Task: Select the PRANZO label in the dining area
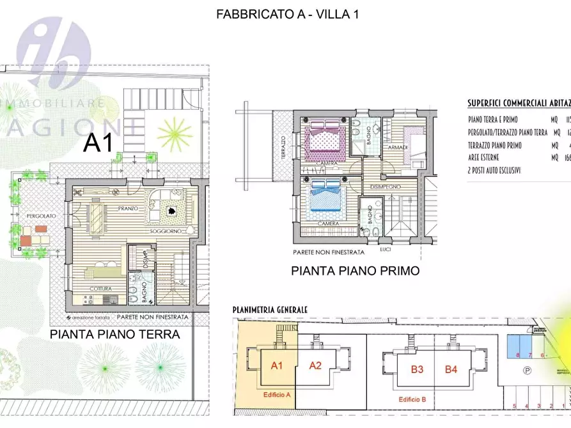point(128,209)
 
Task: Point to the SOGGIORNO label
point(168,230)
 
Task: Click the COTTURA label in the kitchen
point(100,289)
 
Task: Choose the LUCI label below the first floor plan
point(384,248)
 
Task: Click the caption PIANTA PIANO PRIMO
point(355,271)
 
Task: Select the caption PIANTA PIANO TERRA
point(115,333)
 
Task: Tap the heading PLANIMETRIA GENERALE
point(270,310)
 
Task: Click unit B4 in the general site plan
point(451,369)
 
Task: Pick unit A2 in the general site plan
point(315,365)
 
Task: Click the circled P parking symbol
point(526,370)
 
